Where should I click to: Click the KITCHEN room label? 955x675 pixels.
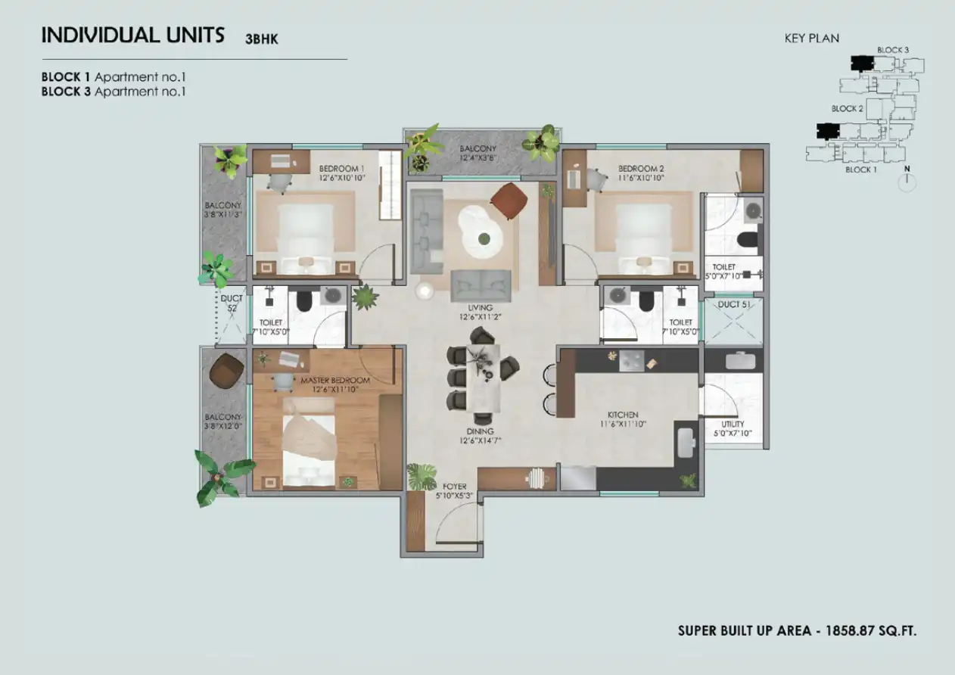coord(623,415)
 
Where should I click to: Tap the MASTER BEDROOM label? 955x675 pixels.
coord(335,380)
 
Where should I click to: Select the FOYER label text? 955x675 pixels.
coord(455,486)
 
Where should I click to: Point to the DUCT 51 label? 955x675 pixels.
coord(734,304)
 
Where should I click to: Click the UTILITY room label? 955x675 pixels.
coord(733,424)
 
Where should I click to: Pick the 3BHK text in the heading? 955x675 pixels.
coord(261,39)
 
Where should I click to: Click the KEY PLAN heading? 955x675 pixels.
coord(812,39)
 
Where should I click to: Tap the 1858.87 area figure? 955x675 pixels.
coord(850,630)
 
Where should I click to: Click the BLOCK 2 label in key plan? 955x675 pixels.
coord(847,109)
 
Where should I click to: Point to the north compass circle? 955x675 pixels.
coord(907,183)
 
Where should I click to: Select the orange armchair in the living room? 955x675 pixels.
coord(509,201)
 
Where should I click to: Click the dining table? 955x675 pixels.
coord(483,378)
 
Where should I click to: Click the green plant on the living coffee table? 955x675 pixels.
coord(484,239)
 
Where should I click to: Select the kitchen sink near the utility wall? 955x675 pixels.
coord(686,443)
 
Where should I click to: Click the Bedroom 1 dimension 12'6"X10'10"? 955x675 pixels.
coord(342,178)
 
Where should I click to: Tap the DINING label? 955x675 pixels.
coord(480,431)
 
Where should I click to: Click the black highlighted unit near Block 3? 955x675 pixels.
coord(862,63)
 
